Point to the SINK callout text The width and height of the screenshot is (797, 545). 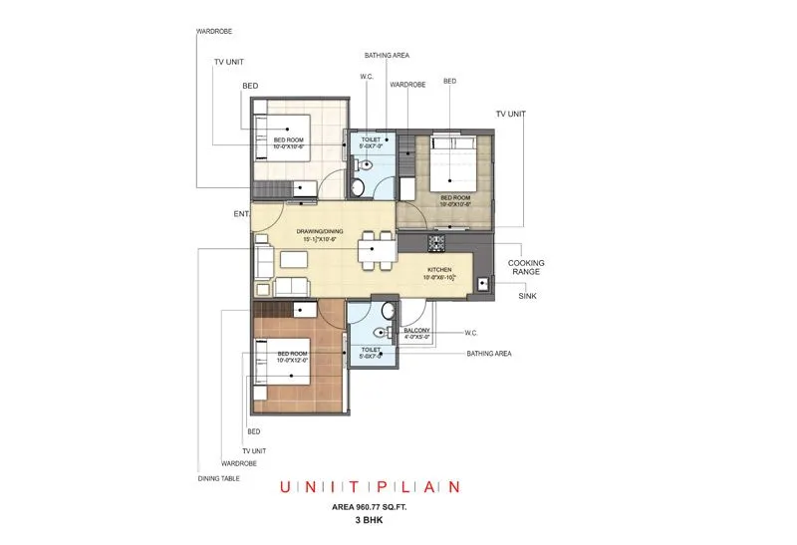(528, 296)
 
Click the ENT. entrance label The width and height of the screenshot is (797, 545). (242, 213)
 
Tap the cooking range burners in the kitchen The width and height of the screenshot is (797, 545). (435, 242)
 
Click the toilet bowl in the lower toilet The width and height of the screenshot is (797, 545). (380, 333)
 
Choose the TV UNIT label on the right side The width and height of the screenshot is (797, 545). (510, 115)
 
